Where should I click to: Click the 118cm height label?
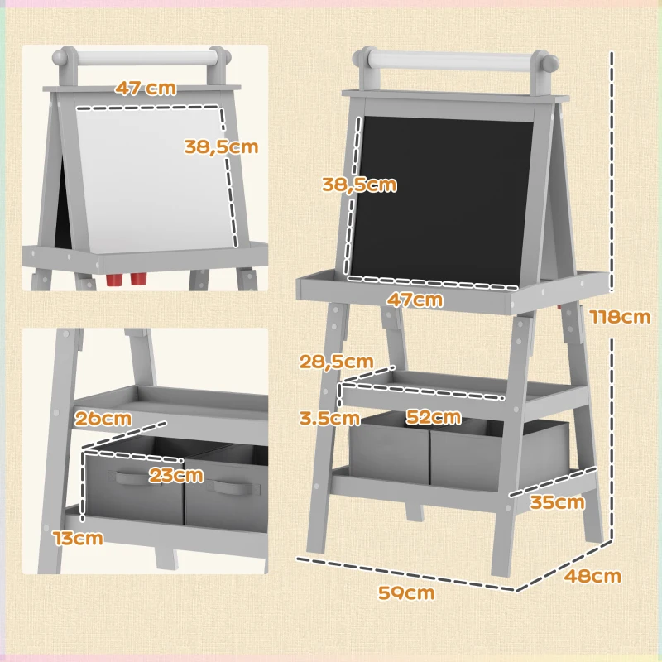point(619,317)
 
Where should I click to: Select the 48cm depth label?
point(592,575)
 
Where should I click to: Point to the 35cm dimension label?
point(558,502)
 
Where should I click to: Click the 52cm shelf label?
point(433,417)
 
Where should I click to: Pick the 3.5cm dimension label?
point(330,417)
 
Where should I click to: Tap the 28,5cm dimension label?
point(336,362)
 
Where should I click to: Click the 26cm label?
point(103,418)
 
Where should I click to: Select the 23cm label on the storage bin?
point(175,475)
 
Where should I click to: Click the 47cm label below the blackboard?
point(415,300)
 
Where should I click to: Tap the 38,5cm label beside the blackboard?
point(359,185)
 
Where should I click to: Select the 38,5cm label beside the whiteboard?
point(221,146)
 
